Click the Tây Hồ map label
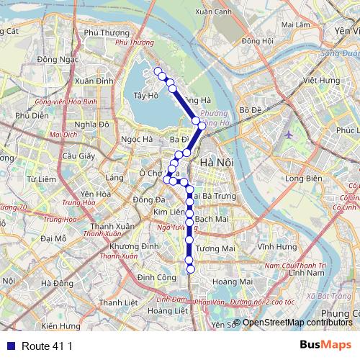point(145,95)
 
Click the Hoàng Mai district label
point(231,282)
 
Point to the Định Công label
point(157,277)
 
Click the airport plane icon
point(289,134)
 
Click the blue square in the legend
point(9,346)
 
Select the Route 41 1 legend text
point(48,346)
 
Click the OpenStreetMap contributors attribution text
point(297,323)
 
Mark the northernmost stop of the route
point(157,71)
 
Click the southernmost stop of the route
point(191,269)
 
